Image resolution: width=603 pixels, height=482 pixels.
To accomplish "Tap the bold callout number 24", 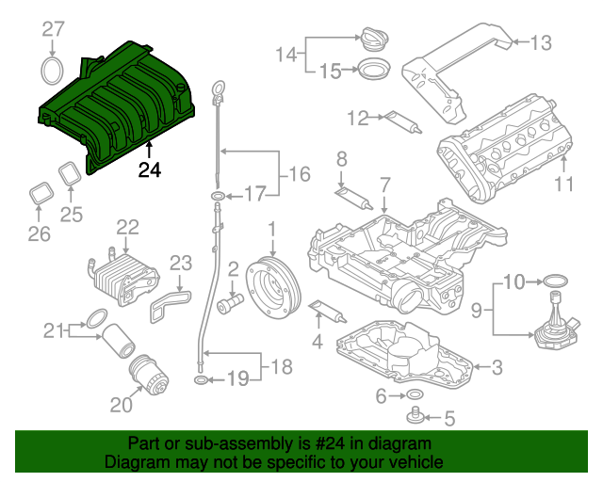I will pos(149,170).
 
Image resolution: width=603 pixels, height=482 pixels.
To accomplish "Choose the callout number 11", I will pos(562,185).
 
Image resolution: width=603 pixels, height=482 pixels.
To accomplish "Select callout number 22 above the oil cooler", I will pos(127,227).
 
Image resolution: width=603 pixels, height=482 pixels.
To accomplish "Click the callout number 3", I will pos(497,366).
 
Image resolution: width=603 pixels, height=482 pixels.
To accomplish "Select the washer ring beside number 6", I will pos(415,396).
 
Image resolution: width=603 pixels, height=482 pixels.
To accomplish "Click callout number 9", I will pos(476,308).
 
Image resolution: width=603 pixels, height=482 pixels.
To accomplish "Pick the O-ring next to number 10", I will pos(556,281).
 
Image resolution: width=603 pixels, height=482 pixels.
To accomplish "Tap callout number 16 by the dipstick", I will pos(298,173).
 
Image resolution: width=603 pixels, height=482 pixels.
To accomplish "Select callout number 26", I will pos(38,233).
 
